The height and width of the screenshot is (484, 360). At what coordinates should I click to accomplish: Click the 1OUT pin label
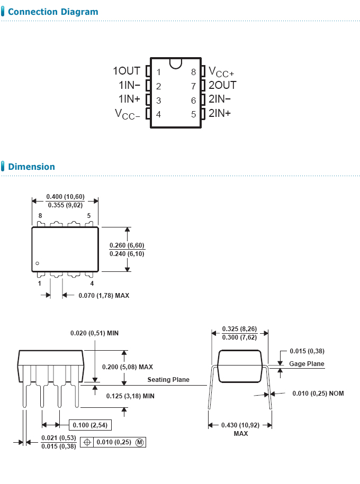(x=127, y=71)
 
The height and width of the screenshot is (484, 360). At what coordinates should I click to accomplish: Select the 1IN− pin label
(x=129, y=85)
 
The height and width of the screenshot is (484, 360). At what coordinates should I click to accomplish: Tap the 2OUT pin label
(x=222, y=85)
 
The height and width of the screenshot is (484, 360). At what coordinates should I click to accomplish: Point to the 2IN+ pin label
(x=220, y=113)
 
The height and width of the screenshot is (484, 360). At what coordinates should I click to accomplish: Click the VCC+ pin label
(x=221, y=72)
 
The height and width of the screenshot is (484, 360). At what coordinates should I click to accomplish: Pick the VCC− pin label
(x=128, y=114)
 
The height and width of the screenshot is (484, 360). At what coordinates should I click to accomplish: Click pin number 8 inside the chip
(x=194, y=72)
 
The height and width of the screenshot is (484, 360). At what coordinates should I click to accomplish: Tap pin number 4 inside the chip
(x=158, y=114)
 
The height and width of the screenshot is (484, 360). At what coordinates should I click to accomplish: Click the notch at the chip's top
(x=176, y=63)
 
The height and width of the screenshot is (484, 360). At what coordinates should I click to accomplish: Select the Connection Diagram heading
(x=53, y=12)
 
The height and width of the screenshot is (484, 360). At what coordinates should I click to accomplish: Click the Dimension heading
(x=31, y=167)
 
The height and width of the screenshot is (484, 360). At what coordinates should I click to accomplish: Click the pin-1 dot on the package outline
(x=38, y=263)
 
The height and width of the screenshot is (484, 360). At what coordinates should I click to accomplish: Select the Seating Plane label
(x=168, y=380)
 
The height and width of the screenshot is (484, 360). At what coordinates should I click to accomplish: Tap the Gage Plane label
(x=307, y=364)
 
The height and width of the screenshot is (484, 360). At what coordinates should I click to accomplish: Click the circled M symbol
(x=139, y=442)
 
